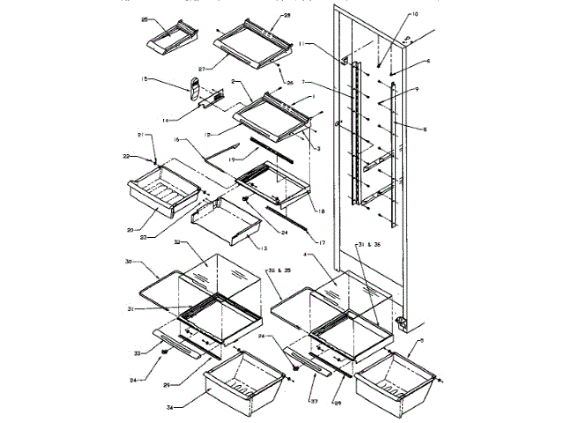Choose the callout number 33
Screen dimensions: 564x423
[x=136, y=352]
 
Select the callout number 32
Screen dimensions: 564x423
[x=178, y=241]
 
